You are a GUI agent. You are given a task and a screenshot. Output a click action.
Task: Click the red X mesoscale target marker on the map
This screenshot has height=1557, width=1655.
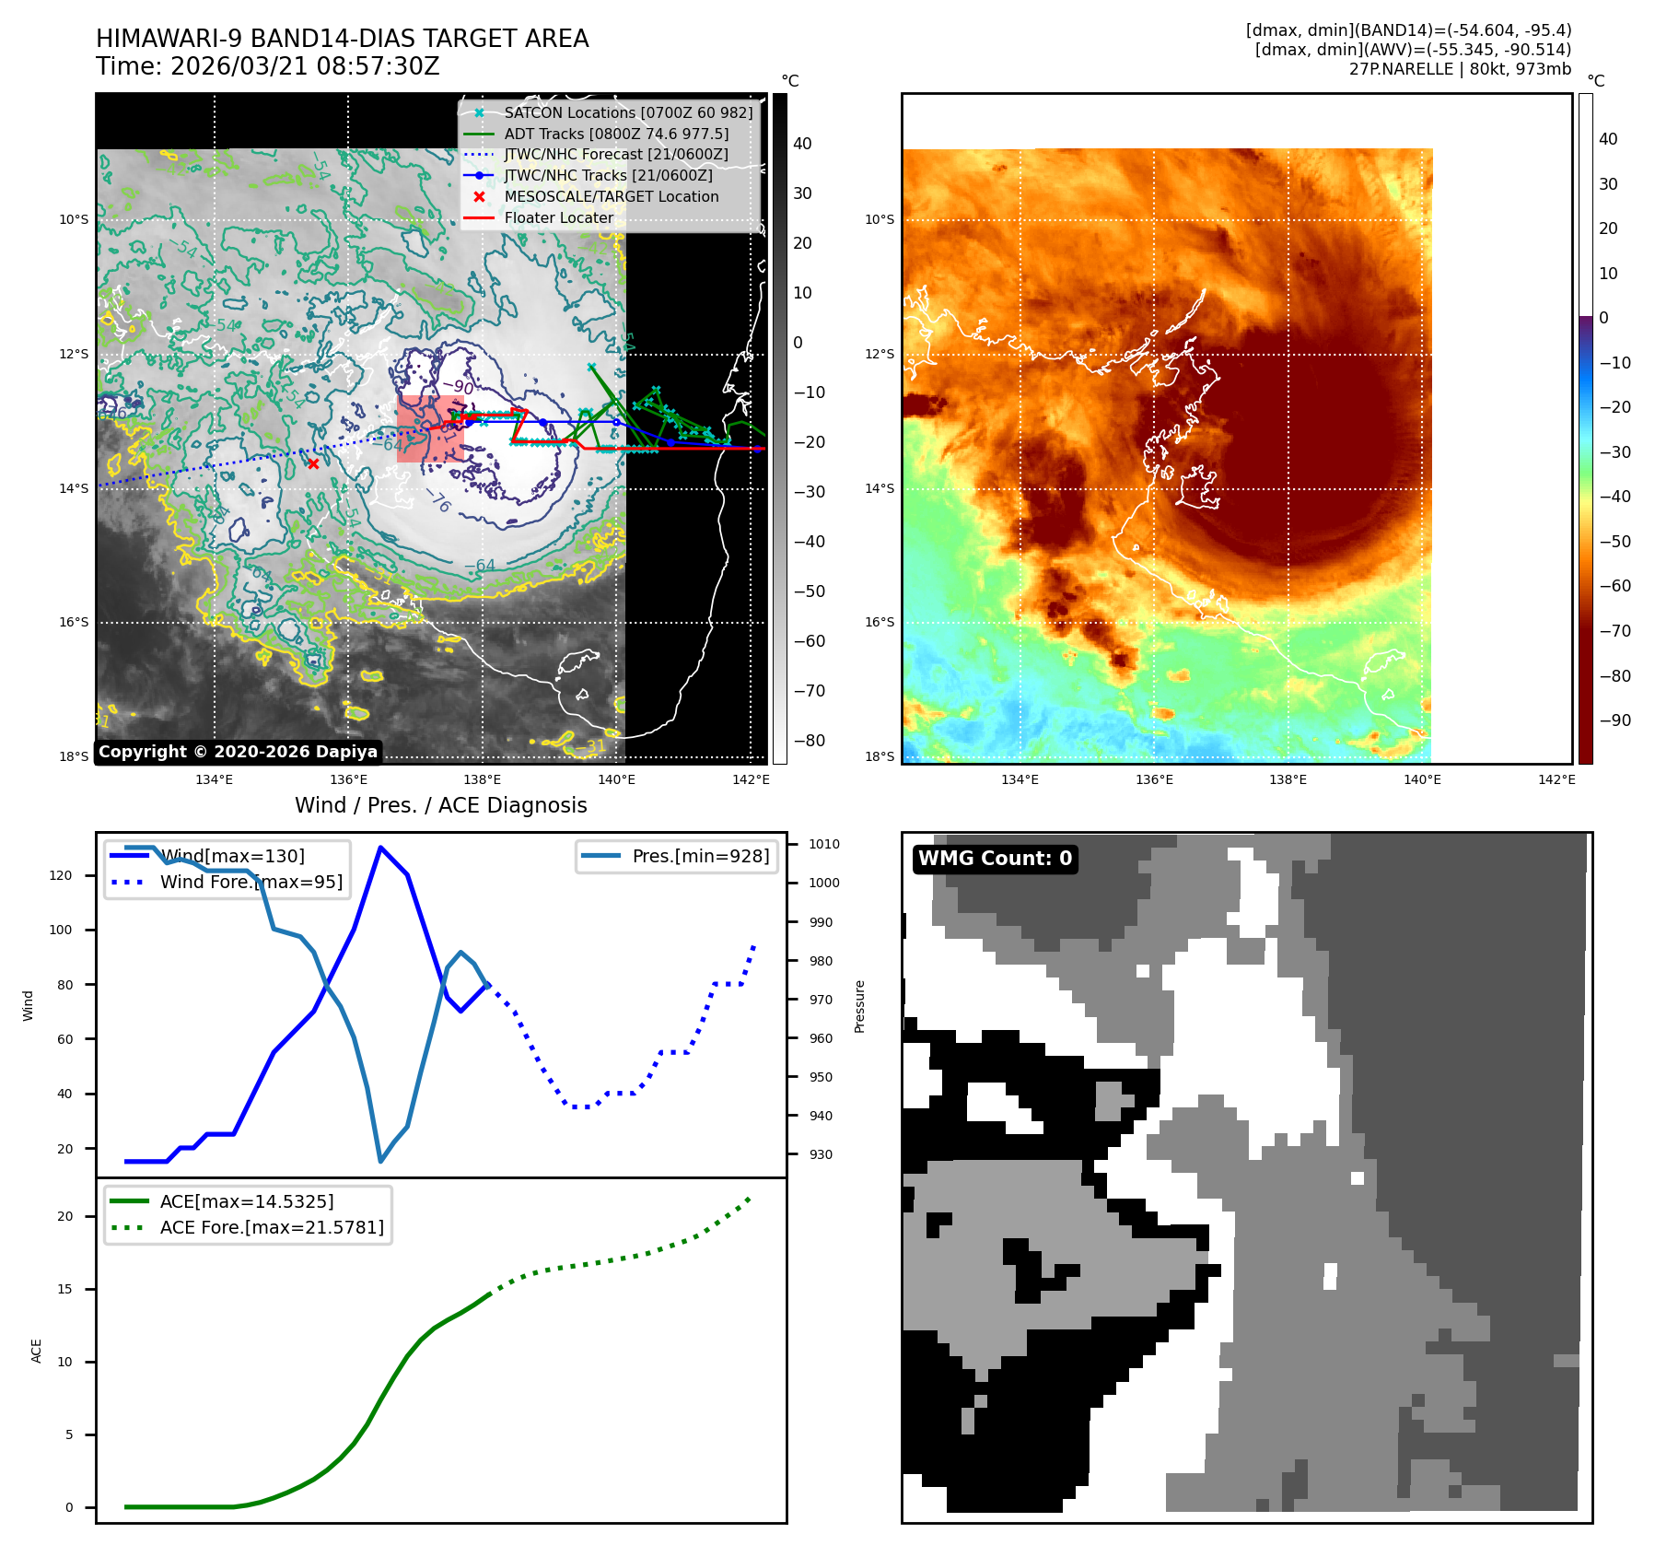[x=313, y=463]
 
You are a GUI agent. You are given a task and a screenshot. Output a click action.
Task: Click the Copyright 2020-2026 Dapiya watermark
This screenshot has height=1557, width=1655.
[x=238, y=752]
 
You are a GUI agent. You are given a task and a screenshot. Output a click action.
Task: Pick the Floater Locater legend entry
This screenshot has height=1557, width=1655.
[x=558, y=218]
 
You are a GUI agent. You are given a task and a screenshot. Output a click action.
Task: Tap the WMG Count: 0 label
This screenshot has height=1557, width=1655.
[x=995, y=859]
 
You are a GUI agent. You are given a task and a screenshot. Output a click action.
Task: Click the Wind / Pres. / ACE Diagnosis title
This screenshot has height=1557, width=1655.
[x=440, y=805]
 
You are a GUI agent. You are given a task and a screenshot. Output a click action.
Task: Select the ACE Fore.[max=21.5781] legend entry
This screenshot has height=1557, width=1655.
[x=272, y=1227]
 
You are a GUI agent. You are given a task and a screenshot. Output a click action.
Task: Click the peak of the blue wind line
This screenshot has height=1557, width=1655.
[x=380, y=848]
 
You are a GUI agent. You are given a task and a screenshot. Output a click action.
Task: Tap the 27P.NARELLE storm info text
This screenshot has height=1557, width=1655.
[x=1460, y=69]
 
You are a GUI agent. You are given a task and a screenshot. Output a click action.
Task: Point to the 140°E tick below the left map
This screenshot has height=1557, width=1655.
[x=616, y=779]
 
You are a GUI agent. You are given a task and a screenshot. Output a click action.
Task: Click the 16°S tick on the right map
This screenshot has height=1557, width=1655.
[x=880, y=622]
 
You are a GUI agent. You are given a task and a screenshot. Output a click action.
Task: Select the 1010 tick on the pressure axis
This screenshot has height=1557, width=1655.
[x=824, y=844]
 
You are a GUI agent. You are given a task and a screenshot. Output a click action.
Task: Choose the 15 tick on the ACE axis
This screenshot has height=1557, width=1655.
[x=64, y=1289]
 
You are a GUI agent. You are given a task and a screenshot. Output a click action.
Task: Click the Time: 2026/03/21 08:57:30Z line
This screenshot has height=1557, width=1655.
[x=268, y=67]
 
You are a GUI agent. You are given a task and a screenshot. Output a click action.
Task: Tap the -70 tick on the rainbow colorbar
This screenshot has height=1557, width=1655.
[x=1614, y=631]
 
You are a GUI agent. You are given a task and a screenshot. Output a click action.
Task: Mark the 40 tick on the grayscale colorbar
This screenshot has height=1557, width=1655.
[x=802, y=144]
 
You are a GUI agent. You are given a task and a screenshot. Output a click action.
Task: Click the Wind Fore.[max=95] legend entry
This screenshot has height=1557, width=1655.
[x=251, y=882]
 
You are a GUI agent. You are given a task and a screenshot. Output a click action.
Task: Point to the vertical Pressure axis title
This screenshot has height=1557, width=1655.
[x=859, y=1006]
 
